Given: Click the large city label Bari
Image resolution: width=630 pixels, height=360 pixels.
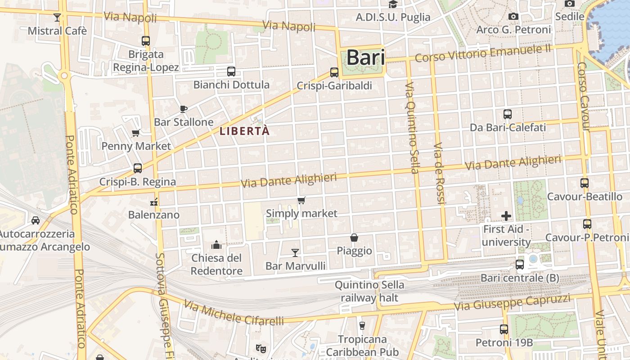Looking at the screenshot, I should click(365, 58).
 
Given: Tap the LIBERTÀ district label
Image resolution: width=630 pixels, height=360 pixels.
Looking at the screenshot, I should click(244, 131).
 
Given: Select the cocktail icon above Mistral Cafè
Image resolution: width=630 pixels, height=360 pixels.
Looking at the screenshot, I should click(57, 18).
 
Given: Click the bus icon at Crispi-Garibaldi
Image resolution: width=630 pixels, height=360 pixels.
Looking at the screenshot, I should click(334, 72).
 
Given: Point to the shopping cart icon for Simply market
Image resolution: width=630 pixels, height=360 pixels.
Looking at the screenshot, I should click(301, 200).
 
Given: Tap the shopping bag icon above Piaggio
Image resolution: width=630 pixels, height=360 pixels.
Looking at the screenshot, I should click(354, 237).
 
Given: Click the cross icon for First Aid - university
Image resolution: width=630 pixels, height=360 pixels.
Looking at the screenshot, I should click(506, 216).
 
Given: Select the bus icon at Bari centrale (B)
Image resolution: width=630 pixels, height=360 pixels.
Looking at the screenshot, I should click(520, 265).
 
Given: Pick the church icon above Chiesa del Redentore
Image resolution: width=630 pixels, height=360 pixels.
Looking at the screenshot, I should click(216, 245).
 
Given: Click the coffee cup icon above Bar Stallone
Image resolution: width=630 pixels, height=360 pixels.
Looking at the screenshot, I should click(183, 108).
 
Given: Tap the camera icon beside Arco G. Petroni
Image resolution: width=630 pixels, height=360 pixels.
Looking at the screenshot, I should click(513, 17).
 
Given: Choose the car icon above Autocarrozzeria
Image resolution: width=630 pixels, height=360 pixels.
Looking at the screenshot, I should click(36, 220).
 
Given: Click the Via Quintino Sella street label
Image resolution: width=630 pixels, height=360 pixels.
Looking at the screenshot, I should click(412, 127).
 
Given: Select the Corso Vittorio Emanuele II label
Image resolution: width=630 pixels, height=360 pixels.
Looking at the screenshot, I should click(482, 54).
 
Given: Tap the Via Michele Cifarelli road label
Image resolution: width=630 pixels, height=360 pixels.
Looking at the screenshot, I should click(234, 313).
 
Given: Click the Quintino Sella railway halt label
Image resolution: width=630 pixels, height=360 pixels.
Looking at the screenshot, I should click(369, 291).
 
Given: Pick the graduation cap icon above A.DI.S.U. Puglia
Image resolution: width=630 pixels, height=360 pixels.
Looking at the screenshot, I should click(393, 4).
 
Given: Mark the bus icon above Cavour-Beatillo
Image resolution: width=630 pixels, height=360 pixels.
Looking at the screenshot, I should click(584, 183).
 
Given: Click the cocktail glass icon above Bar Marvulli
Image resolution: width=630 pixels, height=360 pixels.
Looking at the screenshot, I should click(295, 253).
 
